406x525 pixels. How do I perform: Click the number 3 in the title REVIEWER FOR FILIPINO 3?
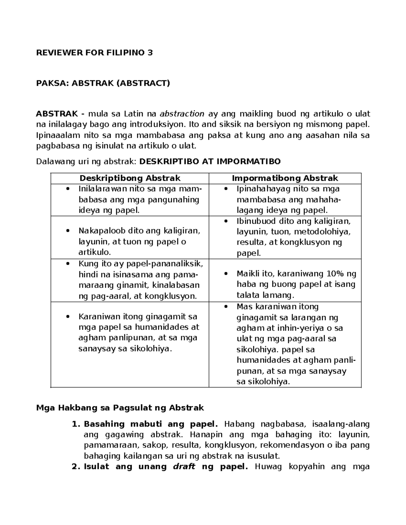click(x=150, y=53)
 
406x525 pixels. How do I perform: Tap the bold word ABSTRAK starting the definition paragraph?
click(x=57, y=114)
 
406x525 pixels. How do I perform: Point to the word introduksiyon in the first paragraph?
click(x=157, y=124)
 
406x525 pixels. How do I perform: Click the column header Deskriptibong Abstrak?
click(x=130, y=178)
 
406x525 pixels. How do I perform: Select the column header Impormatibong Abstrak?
click(x=285, y=178)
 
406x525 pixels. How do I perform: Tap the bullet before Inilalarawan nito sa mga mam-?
click(x=68, y=189)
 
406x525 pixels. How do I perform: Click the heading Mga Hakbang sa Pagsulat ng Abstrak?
click(x=120, y=408)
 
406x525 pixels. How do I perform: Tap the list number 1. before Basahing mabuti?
click(x=76, y=424)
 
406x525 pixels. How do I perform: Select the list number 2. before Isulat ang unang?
click(x=76, y=467)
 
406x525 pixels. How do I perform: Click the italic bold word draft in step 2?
click(x=184, y=467)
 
